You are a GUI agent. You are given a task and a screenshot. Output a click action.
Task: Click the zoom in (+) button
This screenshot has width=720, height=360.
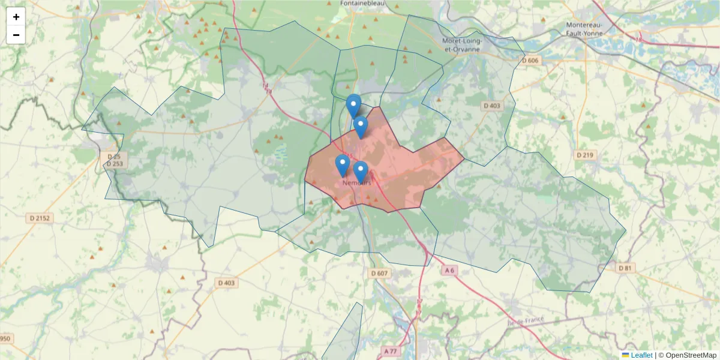point(16,17)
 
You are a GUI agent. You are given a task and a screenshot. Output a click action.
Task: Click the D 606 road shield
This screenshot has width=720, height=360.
point(530,60)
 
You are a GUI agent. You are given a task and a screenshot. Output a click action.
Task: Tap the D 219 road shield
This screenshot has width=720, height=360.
point(585,155)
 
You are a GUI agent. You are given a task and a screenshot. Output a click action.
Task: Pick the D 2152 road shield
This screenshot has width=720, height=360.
point(40,218)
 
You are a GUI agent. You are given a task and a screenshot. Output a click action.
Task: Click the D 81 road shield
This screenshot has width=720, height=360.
point(625,268)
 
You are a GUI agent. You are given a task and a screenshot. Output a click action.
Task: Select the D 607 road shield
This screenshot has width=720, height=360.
point(380,274)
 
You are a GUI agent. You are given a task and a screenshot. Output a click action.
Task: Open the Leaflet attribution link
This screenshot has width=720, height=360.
point(641,355)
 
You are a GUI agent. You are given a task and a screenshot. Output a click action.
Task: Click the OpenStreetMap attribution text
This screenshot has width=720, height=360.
point(691,355)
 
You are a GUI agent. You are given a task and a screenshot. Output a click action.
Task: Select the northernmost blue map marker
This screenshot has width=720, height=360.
point(353,105)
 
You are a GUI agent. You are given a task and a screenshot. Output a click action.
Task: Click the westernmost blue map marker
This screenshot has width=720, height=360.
point(342,164)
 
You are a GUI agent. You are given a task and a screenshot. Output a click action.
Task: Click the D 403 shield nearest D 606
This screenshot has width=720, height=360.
point(491,106)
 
